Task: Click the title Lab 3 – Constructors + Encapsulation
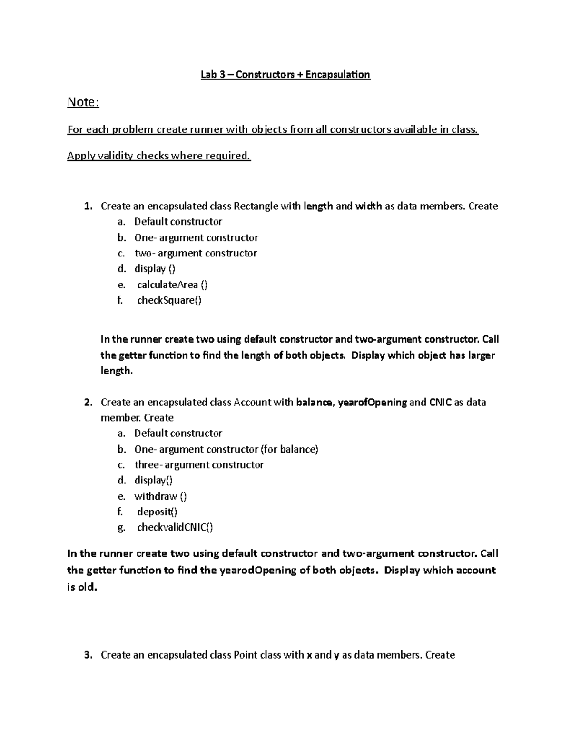(x=285, y=75)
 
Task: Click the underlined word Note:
(x=83, y=102)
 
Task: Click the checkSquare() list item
(x=169, y=300)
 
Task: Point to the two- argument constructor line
(x=196, y=253)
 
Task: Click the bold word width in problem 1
(x=368, y=206)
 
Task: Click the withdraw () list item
(x=160, y=496)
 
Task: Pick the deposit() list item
(x=157, y=512)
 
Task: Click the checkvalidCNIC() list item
(x=175, y=527)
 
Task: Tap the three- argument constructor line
(x=199, y=464)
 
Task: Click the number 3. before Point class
(x=88, y=655)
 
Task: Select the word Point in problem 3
(x=246, y=655)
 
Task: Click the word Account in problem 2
(x=252, y=402)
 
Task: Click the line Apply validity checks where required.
(x=158, y=156)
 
